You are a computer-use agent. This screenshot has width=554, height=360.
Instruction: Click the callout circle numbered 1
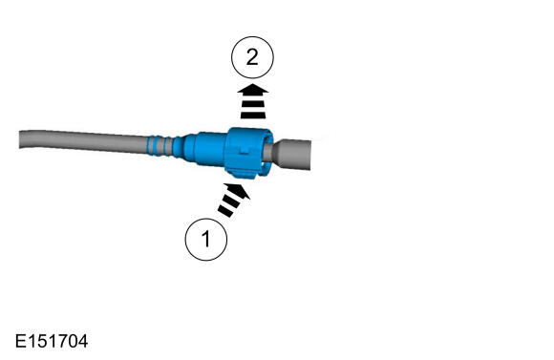(206, 240)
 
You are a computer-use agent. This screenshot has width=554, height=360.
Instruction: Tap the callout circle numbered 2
(252, 57)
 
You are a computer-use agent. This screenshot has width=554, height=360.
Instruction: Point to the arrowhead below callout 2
(252, 90)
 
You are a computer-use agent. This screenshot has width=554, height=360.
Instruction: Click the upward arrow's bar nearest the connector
(252, 116)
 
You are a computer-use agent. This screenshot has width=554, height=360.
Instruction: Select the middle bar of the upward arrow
(252, 105)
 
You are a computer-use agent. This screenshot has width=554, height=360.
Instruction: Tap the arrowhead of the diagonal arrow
(239, 191)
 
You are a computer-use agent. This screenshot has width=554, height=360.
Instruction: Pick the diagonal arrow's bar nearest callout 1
(225, 211)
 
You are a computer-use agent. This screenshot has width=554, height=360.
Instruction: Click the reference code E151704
(52, 341)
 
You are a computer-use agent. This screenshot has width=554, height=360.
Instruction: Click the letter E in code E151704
(20, 341)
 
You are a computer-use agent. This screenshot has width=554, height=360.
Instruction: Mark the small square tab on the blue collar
(245, 150)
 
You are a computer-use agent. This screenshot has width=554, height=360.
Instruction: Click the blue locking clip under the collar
(243, 174)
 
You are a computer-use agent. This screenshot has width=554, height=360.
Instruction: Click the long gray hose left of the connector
(83, 142)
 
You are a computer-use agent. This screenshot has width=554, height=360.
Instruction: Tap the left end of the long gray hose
(20, 139)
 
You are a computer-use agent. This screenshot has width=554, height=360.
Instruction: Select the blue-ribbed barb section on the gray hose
(160, 145)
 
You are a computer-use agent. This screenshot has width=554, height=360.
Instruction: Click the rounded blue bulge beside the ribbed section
(184, 147)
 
